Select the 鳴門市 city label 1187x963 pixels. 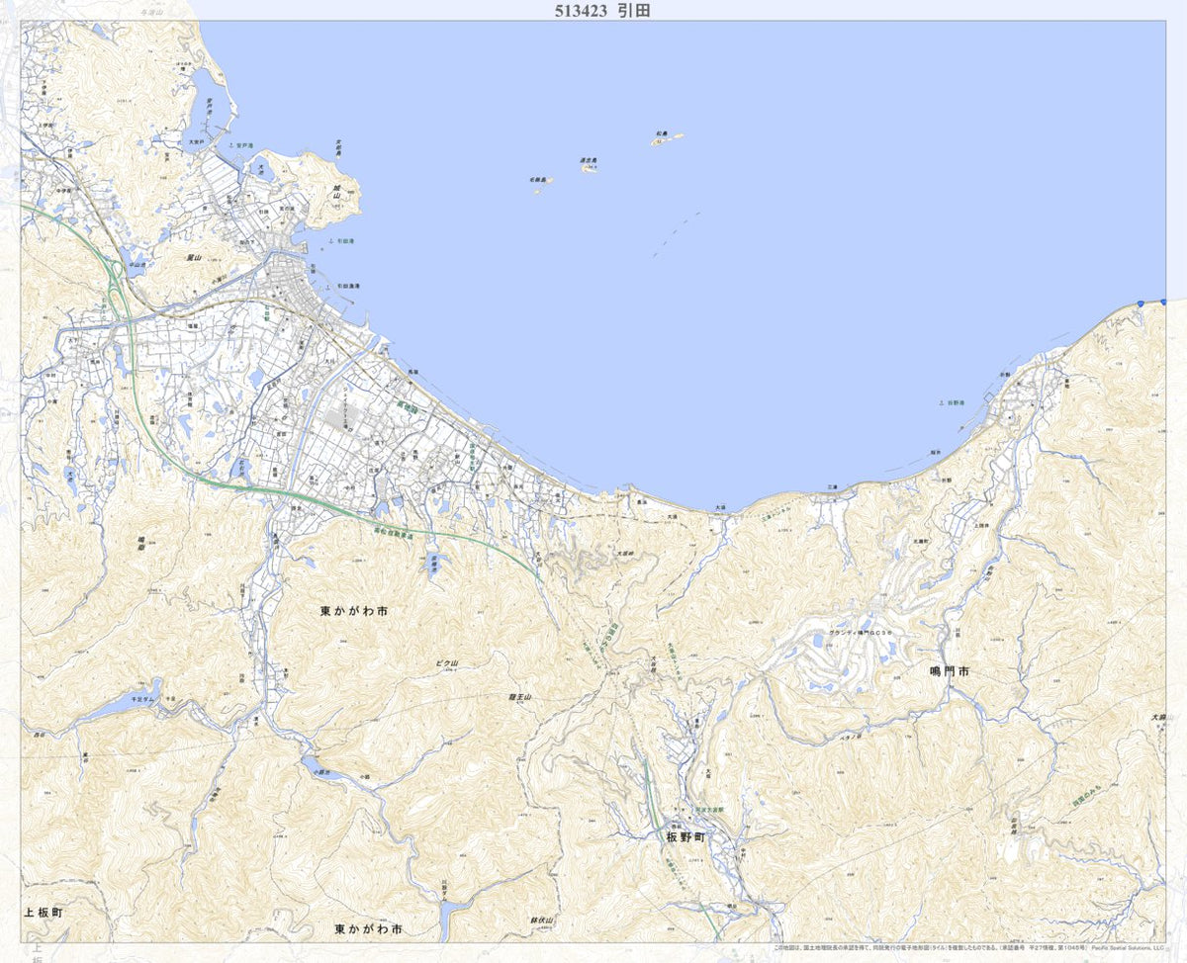[x=951, y=671]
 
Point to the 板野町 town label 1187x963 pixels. [x=685, y=836]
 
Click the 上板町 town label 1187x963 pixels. [x=44, y=913]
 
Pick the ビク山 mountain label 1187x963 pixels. [x=447, y=663]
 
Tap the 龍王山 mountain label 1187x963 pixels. [x=519, y=698]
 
